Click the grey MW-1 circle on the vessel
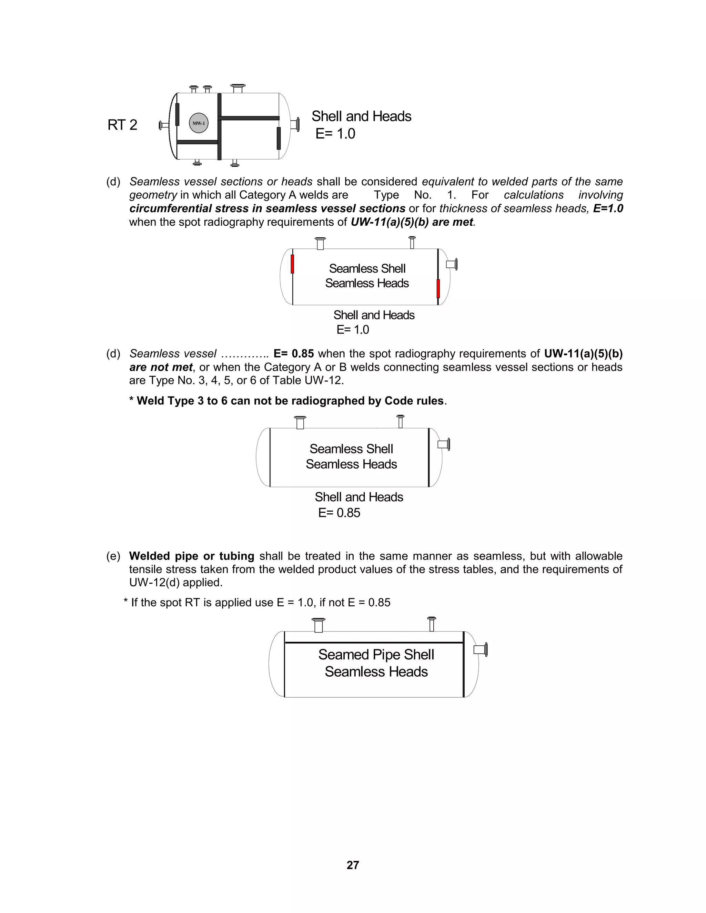coord(199,123)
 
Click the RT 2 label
coord(122,125)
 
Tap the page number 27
coord(353,865)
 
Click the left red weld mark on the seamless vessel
coord(292,264)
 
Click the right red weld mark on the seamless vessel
coord(438,288)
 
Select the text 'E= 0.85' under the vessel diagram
coord(339,513)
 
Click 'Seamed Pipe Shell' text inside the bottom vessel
coord(376,654)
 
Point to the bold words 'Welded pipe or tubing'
coord(192,556)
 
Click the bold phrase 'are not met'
coord(161,367)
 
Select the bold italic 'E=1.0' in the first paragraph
coord(608,208)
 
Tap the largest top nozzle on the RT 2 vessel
coord(238,88)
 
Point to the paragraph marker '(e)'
coord(113,556)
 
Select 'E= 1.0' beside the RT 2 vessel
coord(335,134)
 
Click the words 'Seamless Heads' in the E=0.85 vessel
coord(351,464)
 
